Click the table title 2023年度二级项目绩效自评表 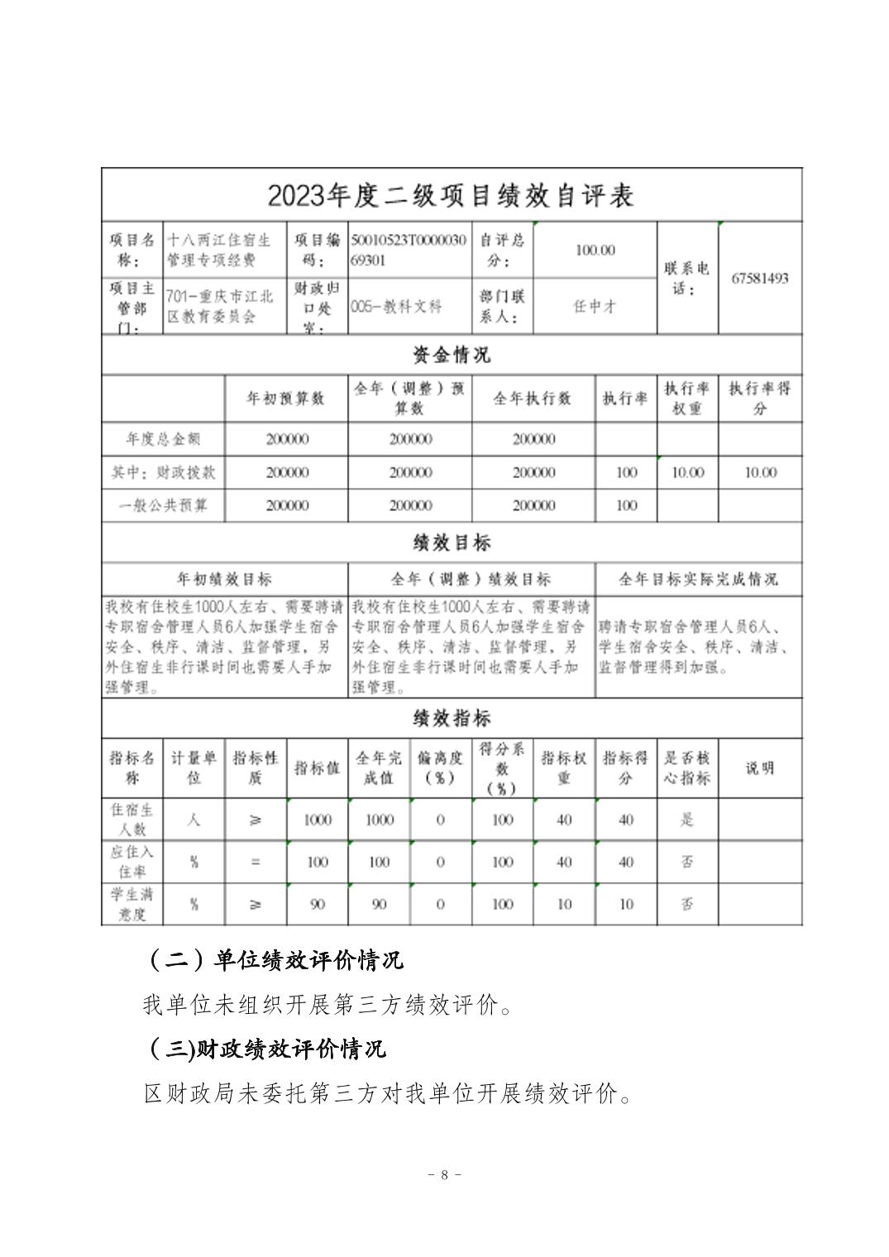click(x=451, y=196)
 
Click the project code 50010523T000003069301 click(x=409, y=250)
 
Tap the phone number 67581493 click(x=759, y=278)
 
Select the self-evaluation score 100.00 click(x=595, y=250)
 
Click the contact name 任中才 click(x=595, y=306)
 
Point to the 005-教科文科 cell click(x=396, y=306)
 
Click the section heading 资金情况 click(x=451, y=356)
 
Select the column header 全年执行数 click(x=533, y=399)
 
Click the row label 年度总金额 click(x=163, y=439)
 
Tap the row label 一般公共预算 click(x=163, y=505)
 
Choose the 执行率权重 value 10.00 click(x=687, y=472)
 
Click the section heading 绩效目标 click(x=451, y=542)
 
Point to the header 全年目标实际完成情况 click(x=698, y=579)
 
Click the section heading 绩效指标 click(x=451, y=718)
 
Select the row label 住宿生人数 click(x=132, y=820)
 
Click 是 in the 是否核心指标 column click(x=687, y=820)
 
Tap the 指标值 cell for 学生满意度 click(x=318, y=904)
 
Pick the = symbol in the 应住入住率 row click(x=256, y=862)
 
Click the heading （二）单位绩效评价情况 click(x=274, y=960)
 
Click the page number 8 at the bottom click(x=444, y=1174)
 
